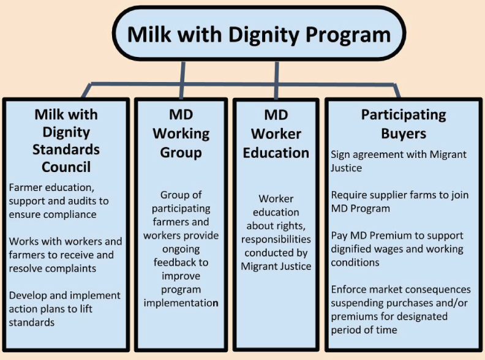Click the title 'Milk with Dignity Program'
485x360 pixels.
tap(259, 34)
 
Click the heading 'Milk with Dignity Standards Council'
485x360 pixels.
tap(66, 141)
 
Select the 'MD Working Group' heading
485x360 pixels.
tap(181, 133)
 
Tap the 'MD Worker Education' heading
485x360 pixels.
tap(276, 134)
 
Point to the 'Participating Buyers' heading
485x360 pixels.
tap(404, 124)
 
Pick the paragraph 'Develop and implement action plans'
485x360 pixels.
tap(64, 309)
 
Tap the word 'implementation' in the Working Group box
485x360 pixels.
tap(181, 303)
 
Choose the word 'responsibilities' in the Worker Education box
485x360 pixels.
tap(276, 239)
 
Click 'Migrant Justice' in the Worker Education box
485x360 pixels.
tap(276, 266)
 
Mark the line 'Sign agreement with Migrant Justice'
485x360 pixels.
tap(399, 161)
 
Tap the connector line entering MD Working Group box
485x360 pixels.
tap(182, 80)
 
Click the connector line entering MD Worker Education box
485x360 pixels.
tap(277, 80)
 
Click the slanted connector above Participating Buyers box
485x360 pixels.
tap(397, 91)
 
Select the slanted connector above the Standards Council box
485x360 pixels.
tap(86, 91)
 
